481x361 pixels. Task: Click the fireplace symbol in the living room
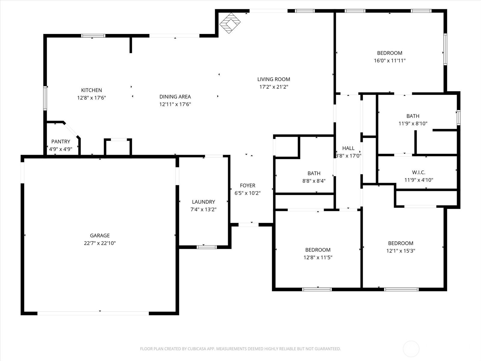point(230,23)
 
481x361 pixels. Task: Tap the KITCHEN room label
point(91,90)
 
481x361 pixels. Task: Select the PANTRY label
point(61,142)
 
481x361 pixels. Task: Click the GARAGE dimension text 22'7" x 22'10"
point(100,243)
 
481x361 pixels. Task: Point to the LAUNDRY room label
point(203,202)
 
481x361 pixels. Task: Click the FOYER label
point(248,186)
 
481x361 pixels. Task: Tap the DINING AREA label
point(175,97)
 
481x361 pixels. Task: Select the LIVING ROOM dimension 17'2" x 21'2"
point(274,87)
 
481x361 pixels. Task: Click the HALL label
point(348,148)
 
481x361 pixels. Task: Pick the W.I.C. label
point(419,172)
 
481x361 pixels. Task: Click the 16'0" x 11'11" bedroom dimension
point(390,60)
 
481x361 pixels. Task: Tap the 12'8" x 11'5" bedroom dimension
point(318,257)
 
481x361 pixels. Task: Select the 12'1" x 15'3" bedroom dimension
point(400,251)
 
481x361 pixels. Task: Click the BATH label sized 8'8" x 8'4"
point(314,173)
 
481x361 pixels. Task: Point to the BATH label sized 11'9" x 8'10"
point(413,116)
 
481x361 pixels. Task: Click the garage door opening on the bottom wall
point(93,313)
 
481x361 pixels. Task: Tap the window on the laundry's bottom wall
point(207,247)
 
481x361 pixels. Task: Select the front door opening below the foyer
point(249,225)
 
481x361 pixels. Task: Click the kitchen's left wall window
point(45,98)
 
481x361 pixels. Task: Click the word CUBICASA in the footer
point(196,349)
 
